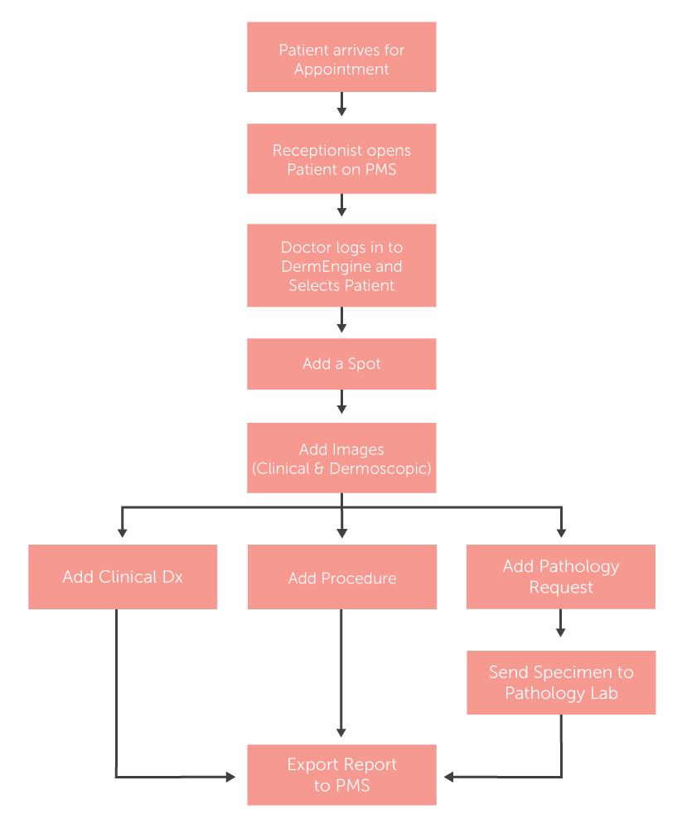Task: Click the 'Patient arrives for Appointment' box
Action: click(x=341, y=57)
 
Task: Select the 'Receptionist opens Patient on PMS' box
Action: click(x=341, y=159)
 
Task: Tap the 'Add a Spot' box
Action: click(x=341, y=364)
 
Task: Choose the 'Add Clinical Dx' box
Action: click(x=123, y=577)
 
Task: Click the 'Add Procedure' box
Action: click(x=341, y=577)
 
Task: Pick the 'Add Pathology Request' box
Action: click(x=561, y=577)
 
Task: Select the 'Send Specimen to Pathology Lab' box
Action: click(x=561, y=682)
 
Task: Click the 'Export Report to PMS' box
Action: click(x=341, y=775)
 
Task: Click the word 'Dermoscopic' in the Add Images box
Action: click(x=380, y=468)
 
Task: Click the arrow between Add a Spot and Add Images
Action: click(x=341, y=404)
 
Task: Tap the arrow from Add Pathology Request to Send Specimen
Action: click(x=561, y=624)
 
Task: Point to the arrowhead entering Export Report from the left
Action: click(x=230, y=777)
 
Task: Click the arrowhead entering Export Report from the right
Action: click(x=450, y=777)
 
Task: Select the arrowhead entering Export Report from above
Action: click(x=341, y=732)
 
